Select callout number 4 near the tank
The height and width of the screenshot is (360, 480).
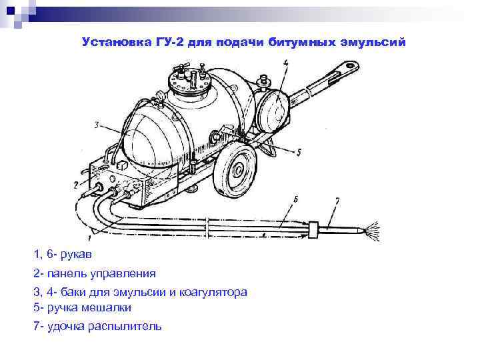coord(285,63)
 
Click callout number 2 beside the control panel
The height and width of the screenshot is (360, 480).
coord(75,184)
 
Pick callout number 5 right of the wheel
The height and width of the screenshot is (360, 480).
coord(299,152)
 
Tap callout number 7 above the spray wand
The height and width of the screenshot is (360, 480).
coord(337,200)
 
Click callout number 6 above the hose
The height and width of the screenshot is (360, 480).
coord(295,199)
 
